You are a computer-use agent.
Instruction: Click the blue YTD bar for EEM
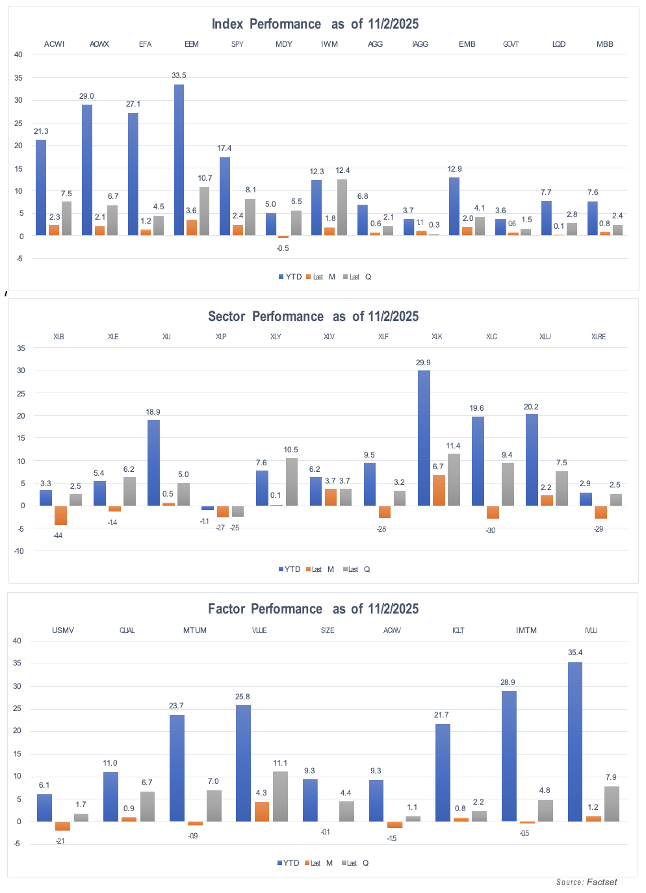[179, 160]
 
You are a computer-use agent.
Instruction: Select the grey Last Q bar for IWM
[342, 207]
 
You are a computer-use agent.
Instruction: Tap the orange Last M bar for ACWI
[54, 230]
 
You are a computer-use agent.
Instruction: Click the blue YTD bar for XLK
[424, 438]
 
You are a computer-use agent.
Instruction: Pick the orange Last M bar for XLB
[60, 515]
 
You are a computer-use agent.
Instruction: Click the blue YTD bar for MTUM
[177, 768]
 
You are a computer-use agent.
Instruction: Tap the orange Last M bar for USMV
[62, 826]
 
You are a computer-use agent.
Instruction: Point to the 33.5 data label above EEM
[179, 75]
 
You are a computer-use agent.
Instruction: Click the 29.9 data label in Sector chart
[423, 363]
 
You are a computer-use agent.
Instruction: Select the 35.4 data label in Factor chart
[575, 653]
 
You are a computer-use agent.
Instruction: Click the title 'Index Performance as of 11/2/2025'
[315, 24]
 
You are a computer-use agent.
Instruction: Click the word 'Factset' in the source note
[602, 882]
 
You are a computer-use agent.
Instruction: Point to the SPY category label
[237, 44]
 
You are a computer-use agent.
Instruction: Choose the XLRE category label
[599, 337]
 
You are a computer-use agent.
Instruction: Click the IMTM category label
[526, 630]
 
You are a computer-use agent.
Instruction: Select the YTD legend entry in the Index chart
[290, 277]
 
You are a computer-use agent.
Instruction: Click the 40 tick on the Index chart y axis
[18, 55]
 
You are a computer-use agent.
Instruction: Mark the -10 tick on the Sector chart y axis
[19, 551]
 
